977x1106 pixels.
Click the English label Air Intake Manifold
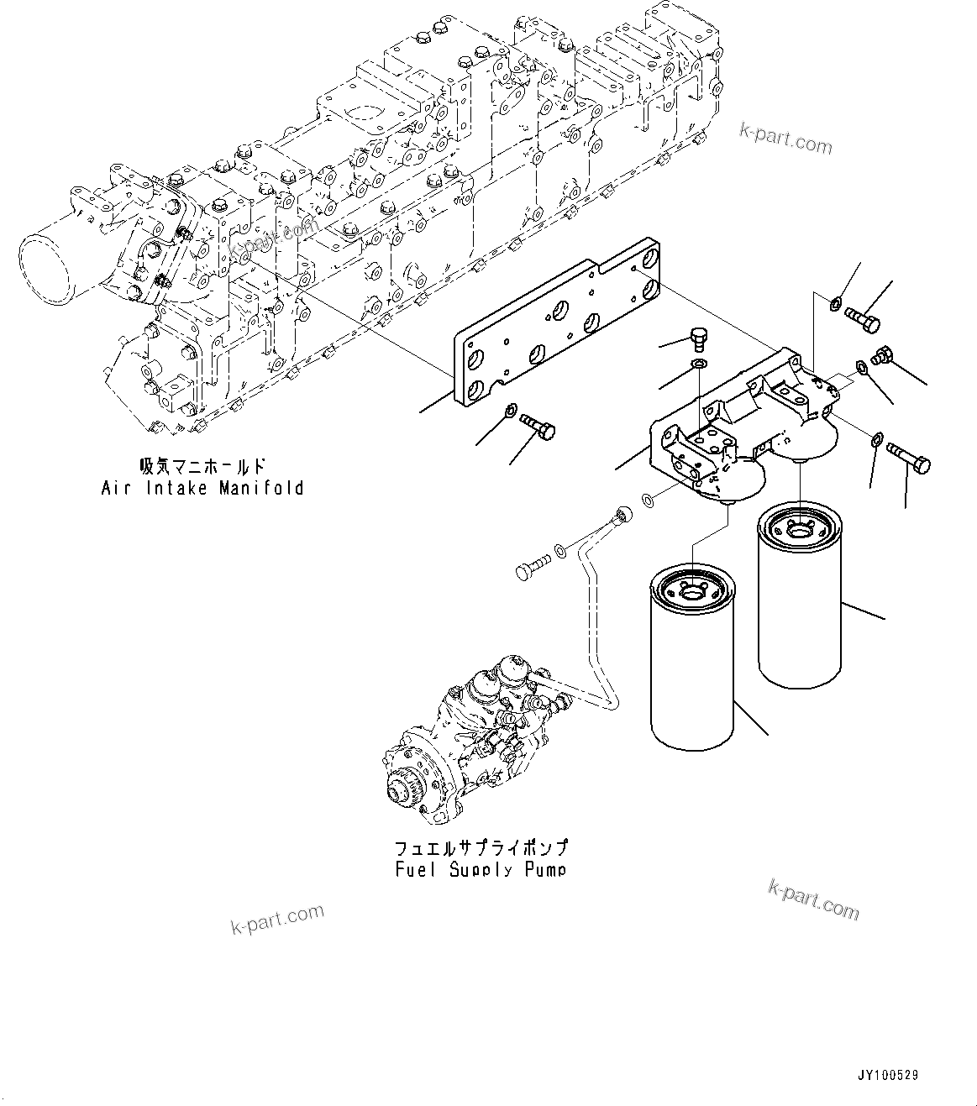click(x=202, y=487)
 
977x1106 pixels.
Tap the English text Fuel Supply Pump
click(x=481, y=869)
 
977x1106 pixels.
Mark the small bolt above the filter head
click(x=695, y=338)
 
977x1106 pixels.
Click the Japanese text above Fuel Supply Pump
click(x=481, y=847)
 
